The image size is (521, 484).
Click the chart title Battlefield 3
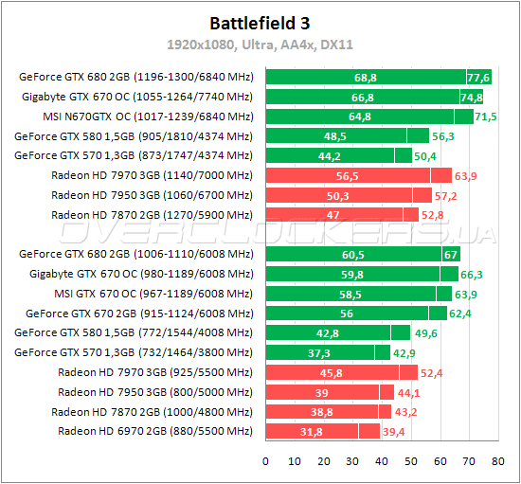point(260,22)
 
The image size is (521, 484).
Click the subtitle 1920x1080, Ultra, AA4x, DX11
point(260,44)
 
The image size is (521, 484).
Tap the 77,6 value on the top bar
point(478,77)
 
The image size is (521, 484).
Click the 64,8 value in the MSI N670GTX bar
point(360,117)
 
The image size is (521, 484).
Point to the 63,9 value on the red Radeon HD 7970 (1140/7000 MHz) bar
point(468,175)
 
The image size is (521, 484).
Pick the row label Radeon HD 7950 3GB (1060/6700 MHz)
point(152,195)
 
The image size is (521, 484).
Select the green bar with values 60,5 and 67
point(360,254)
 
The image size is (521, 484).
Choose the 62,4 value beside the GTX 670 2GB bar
point(461,314)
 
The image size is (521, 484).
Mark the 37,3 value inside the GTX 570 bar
point(320,352)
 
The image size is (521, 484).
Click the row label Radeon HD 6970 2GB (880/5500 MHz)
point(155,431)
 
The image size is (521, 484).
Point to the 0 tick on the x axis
point(265,461)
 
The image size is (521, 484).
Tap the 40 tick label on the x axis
point(381,461)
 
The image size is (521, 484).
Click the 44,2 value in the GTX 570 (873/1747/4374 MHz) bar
point(330,155)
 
